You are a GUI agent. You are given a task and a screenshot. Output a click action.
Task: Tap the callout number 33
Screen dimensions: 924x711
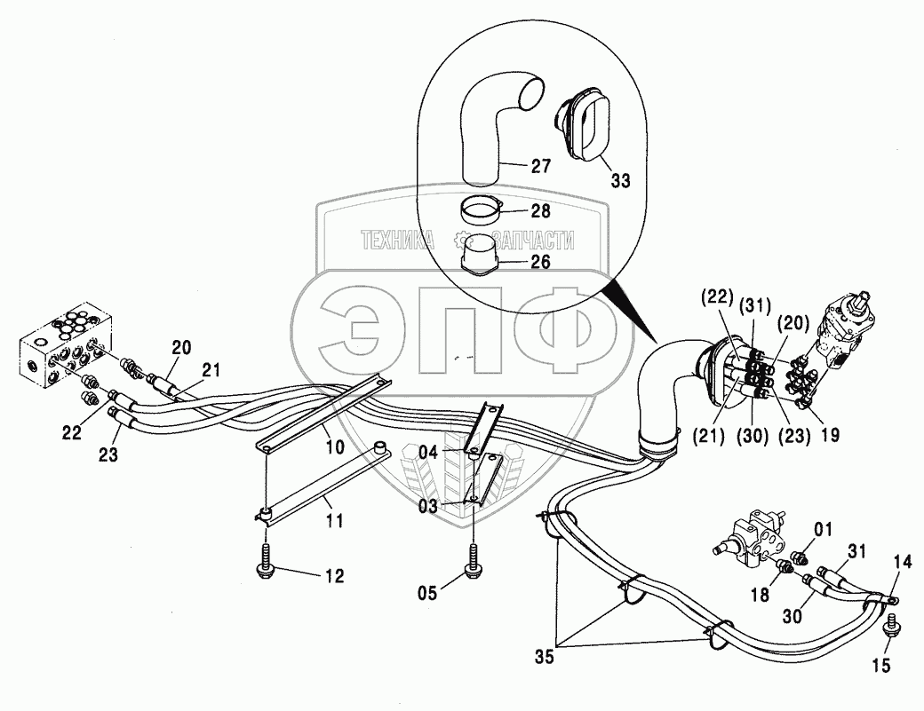click(x=619, y=181)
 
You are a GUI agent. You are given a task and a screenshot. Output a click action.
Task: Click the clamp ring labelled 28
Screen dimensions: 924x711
click(x=482, y=212)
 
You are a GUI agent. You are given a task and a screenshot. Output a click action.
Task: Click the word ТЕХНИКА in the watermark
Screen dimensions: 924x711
click(x=397, y=239)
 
